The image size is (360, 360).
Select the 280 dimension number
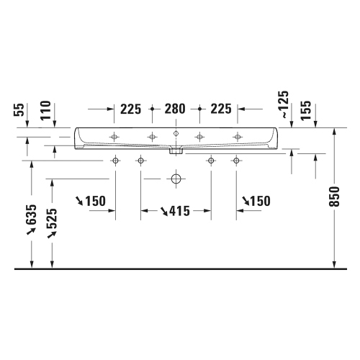click(174, 109)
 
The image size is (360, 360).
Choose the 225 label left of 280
click(130, 109)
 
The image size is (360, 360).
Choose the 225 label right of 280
click(220, 109)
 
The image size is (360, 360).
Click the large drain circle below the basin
click(174, 179)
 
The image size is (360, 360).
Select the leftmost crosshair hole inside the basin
click(114, 137)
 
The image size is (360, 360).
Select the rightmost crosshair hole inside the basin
click(236, 137)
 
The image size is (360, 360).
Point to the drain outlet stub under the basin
click(174, 151)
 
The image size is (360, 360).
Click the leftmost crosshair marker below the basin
click(114, 161)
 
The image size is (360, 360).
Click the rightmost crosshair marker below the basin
click(234, 161)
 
